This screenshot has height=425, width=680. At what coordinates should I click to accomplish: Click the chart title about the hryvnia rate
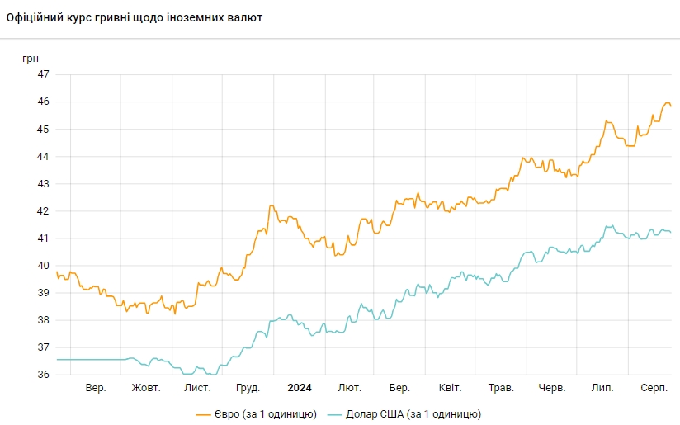tap(135, 17)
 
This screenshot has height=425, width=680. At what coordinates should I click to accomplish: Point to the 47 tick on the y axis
tap(43, 74)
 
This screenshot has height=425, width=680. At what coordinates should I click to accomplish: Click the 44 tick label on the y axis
tap(43, 156)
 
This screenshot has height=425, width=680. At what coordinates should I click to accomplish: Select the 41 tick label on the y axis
tap(43, 238)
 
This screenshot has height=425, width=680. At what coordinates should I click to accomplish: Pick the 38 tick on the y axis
tap(43, 320)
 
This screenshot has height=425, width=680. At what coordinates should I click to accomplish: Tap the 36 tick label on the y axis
tap(43, 375)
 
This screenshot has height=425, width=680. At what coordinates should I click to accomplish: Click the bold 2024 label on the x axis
tap(299, 387)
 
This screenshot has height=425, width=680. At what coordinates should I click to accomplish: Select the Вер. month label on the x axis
tap(96, 387)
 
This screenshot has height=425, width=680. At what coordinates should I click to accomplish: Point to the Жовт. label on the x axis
tap(146, 387)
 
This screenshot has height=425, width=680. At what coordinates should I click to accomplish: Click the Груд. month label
tap(248, 387)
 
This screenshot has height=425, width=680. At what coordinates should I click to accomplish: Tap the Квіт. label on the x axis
tap(450, 387)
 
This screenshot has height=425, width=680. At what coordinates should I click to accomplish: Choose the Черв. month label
tap(551, 387)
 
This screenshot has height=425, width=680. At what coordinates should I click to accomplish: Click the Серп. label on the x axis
tap(654, 387)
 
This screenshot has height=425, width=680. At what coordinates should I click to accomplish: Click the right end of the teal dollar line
tap(670, 232)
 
